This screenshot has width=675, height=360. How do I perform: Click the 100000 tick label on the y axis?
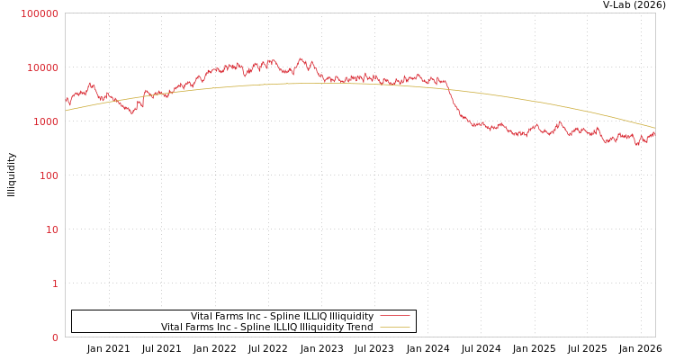(x=40, y=13)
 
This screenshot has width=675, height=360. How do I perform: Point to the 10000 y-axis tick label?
(x=42, y=67)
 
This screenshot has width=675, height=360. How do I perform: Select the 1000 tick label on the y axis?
(x=45, y=121)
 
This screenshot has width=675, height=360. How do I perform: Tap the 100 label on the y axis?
(x=48, y=175)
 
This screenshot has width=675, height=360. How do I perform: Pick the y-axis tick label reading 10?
(x=51, y=229)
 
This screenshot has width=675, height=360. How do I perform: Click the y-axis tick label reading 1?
(x=55, y=283)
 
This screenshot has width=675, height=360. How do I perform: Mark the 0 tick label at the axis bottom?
(x=55, y=337)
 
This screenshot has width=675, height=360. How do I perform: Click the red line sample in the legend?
(x=394, y=316)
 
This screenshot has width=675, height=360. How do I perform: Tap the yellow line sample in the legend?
(x=394, y=327)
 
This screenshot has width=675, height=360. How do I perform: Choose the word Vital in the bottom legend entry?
(x=173, y=327)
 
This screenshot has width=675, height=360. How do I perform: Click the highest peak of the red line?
(x=301, y=59)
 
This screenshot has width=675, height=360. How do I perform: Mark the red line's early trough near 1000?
(x=132, y=112)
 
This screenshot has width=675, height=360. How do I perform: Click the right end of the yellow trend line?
(x=654, y=128)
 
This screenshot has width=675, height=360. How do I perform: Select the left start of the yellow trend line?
(x=66, y=111)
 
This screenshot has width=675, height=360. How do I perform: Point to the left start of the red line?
(x=66, y=102)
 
